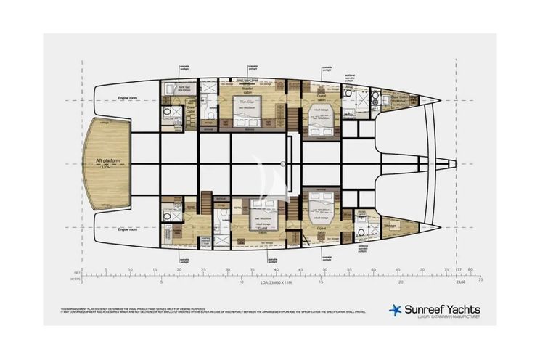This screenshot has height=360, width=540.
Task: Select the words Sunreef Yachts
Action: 441,309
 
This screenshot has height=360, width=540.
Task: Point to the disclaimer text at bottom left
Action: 210,310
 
